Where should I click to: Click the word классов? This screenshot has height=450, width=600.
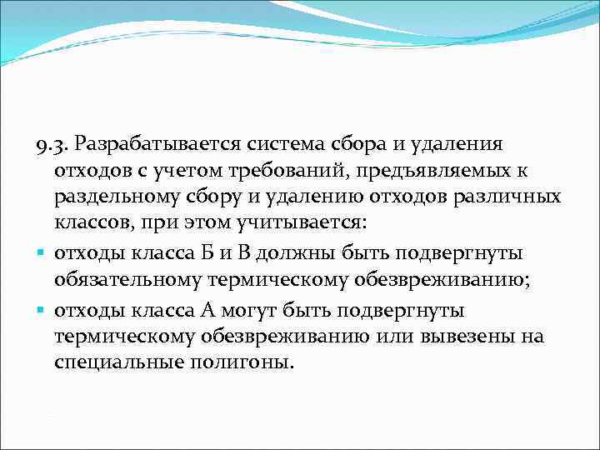[93, 224]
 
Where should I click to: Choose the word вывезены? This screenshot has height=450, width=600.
[472, 336]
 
